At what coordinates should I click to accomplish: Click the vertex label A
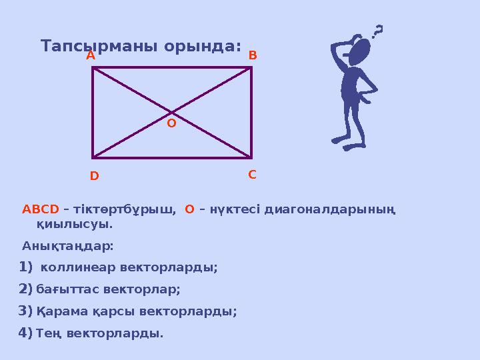(91, 57)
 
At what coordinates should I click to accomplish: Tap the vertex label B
(253, 57)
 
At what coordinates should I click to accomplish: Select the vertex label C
(252, 175)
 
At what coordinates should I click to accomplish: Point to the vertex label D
(94, 177)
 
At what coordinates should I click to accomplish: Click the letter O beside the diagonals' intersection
(171, 123)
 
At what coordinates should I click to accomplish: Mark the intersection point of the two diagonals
(171, 112)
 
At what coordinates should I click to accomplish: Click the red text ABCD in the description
(41, 209)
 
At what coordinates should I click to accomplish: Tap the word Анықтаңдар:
(68, 246)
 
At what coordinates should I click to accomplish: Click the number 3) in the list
(26, 311)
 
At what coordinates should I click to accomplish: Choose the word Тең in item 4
(50, 333)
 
